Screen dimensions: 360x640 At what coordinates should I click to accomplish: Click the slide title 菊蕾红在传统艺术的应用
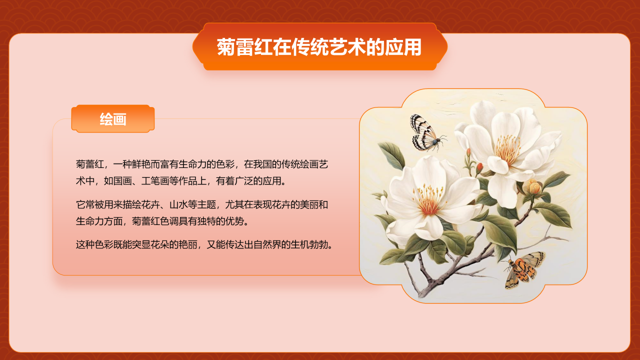click(x=319, y=47)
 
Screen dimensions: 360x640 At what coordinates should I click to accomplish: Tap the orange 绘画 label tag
click(x=113, y=119)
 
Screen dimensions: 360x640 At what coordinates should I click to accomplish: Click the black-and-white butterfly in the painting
click(x=424, y=133)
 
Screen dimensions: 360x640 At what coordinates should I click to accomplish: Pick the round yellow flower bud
click(x=534, y=187)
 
